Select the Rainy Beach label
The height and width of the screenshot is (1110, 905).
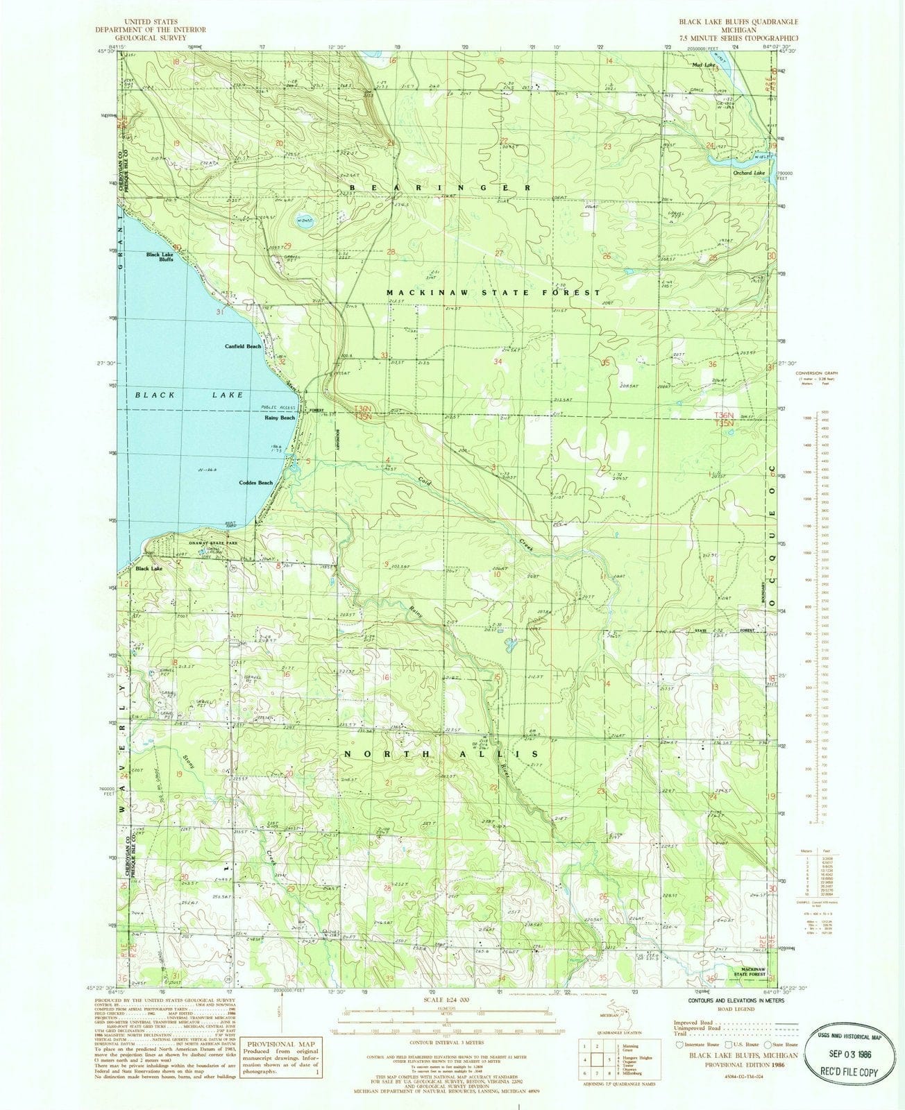click(280, 418)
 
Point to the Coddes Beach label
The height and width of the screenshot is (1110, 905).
click(256, 482)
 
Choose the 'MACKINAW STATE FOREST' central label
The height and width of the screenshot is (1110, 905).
click(493, 293)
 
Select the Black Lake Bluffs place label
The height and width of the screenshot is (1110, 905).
click(160, 257)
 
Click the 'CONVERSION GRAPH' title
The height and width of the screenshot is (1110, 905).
click(813, 374)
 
